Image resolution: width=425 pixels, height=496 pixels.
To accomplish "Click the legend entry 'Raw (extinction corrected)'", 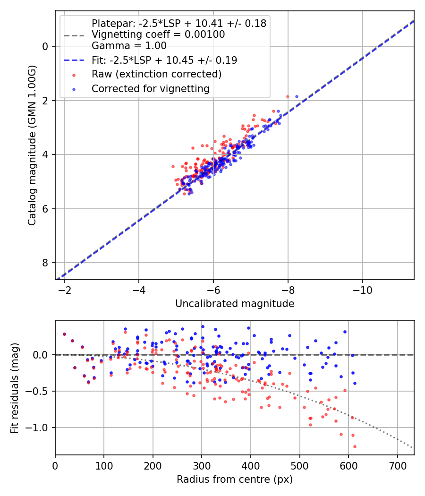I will [156, 74].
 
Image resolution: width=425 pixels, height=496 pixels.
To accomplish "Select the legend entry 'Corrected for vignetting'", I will [150, 88].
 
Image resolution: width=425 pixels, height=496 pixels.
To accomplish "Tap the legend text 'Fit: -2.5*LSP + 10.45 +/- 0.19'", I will [164, 60].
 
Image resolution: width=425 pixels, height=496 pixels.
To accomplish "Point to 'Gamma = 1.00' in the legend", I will [129, 46].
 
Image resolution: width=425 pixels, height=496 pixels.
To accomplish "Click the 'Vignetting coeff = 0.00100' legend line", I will [158, 34].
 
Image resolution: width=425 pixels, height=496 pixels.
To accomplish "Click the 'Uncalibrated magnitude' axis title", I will [235, 304].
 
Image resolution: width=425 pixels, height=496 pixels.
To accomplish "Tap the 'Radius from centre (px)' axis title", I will [235, 479].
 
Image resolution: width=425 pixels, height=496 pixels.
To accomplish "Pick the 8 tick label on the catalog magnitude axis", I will [45, 263].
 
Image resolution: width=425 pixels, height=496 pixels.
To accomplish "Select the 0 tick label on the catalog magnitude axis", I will [45, 46].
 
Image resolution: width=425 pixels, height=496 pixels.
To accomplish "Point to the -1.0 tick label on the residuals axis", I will [39, 428].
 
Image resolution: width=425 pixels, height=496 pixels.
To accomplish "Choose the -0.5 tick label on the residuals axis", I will [39, 391].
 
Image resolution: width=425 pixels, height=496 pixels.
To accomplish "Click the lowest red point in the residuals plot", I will [355, 446].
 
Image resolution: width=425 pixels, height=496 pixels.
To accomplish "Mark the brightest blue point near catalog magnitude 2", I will [297, 96].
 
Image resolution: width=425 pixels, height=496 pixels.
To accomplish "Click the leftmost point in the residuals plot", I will [64, 334].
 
